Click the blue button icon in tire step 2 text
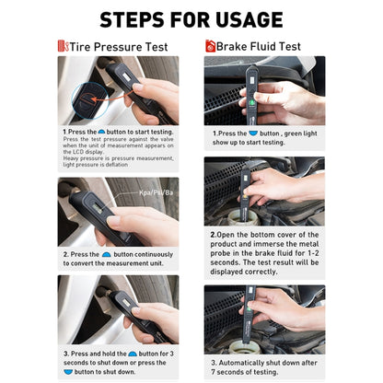click(106, 253)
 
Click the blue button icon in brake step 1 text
click(254, 133)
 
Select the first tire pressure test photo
click(118, 90)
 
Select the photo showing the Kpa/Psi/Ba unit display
click(118, 211)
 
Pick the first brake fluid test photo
click(264, 90)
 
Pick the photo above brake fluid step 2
click(264, 191)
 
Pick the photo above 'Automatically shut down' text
click(264, 319)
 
